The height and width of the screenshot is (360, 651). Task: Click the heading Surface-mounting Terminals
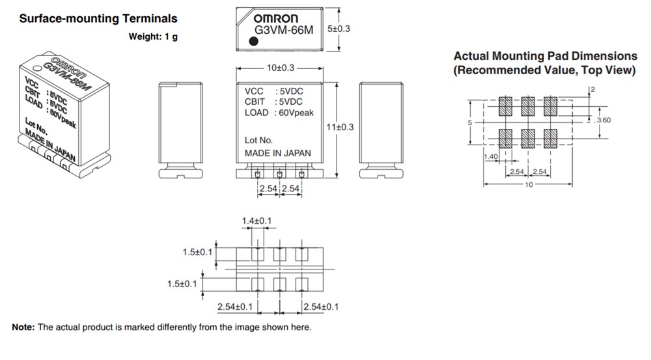point(98,19)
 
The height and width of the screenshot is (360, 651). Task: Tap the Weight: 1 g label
point(153,36)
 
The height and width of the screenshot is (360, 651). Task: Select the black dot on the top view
point(253,42)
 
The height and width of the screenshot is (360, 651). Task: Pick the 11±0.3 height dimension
point(339,127)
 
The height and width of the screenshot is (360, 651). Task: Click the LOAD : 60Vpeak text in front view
point(279,113)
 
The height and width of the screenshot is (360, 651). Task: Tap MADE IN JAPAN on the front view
point(277,153)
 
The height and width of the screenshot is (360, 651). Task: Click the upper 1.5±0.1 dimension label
point(198,252)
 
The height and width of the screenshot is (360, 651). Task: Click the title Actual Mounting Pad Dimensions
point(545,56)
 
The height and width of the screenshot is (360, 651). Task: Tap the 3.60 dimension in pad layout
point(603,120)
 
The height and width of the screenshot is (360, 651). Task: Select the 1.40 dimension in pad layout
point(492,157)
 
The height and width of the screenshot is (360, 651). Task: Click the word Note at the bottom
point(23,327)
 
